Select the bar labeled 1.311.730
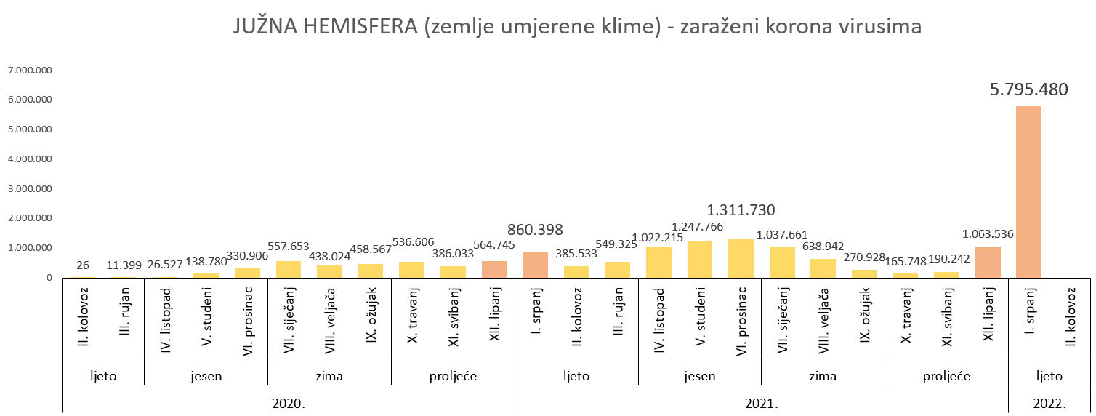click(741, 258)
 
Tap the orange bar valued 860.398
click(535, 265)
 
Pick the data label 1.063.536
click(987, 234)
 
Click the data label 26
click(83, 265)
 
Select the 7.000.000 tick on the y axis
click(31, 71)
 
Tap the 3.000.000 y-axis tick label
click(31, 189)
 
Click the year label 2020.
click(289, 403)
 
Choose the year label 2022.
click(1049, 403)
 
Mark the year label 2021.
click(761, 403)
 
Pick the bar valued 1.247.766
click(700, 259)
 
